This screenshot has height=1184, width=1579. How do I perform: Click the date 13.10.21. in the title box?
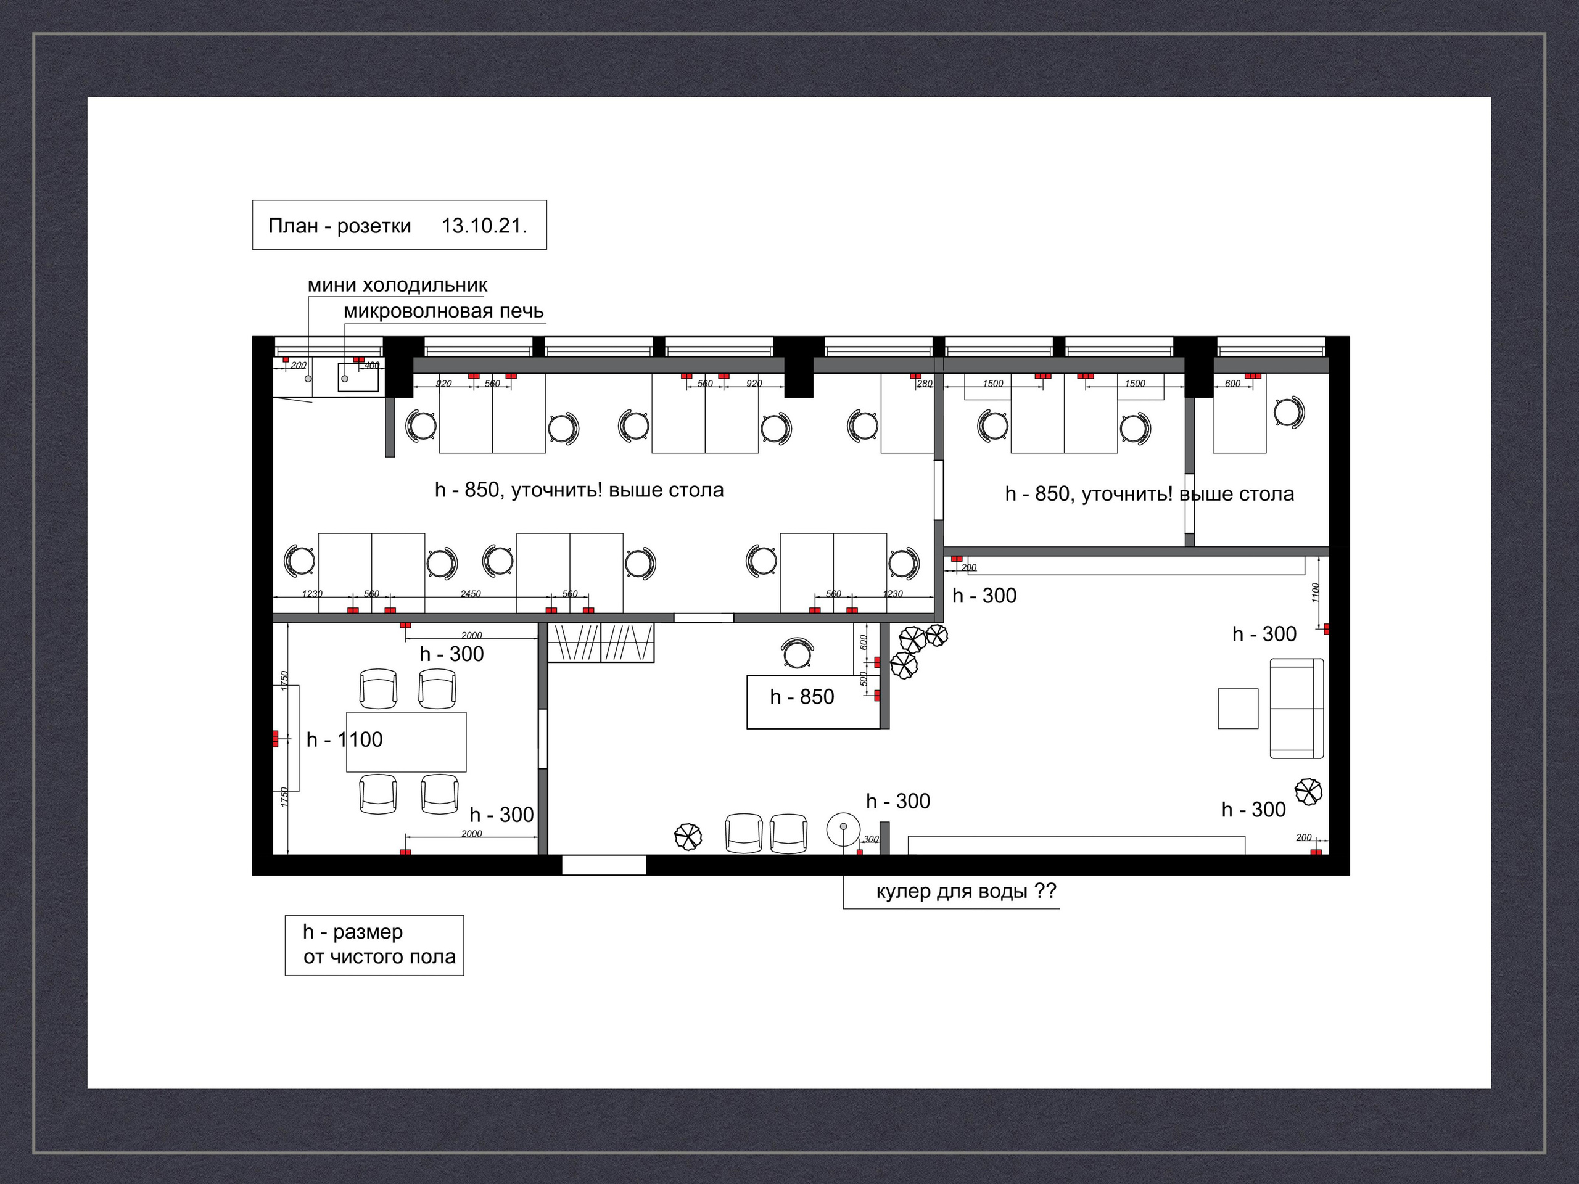pyautogui.click(x=484, y=226)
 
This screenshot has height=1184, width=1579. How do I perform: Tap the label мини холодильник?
pyautogui.click(x=398, y=285)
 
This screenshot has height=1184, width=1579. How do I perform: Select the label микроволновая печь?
pyautogui.click(x=443, y=311)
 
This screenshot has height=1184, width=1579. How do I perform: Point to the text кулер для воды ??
pyautogui.click(x=966, y=891)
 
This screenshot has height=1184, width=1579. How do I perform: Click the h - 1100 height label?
pyautogui.click(x=344, y=739)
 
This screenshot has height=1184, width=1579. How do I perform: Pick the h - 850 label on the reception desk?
pyautogui.click(x=802, y=697)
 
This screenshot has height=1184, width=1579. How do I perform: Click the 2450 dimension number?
pyautogui.click(x=471, y=594)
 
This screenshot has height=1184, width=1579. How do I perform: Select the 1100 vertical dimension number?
pyautogui.click(x=1316, y=593)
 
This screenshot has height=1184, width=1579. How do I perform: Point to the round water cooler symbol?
pyautogui.click(x=843, y=828)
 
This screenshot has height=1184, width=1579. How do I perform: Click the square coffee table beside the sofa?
pyautogui.click(x=1238, y=708)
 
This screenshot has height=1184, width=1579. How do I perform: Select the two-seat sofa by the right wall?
pyautogui.click(x=1297, y=708)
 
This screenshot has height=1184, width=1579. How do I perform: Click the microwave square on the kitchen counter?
pyautogui.click(x=358, y=377)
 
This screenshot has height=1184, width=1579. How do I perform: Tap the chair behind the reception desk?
pyautogui.click(x=798, y=652)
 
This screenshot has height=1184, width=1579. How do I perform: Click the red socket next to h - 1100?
pyautogui.click(x=275, y=739)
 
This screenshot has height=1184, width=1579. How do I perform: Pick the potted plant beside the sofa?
pyautogui.click(x=1308, y=791)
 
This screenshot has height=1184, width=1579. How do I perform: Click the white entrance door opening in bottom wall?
pyautogui.click(x=604, y=865)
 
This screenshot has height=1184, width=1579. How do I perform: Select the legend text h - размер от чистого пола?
pyautogui.click(x=379, y=944)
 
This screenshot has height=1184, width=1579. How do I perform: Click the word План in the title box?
pyautogui.click(x=293, y=226)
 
